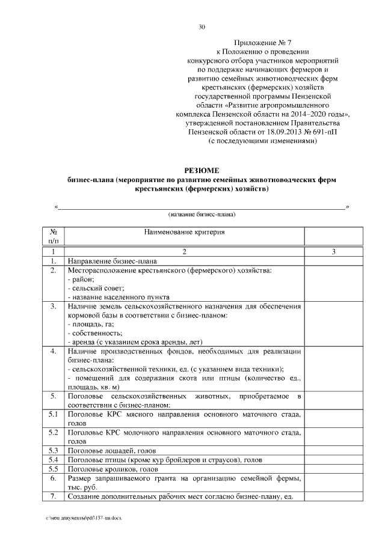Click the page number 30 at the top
point(202,27)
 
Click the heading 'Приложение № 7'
point(265,44)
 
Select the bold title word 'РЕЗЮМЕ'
point(202,171)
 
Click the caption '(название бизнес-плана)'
point(202,214)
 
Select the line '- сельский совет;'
point(96,288)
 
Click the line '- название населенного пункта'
point(119,297)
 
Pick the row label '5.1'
point(53,415)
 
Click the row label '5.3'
point(53,450)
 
